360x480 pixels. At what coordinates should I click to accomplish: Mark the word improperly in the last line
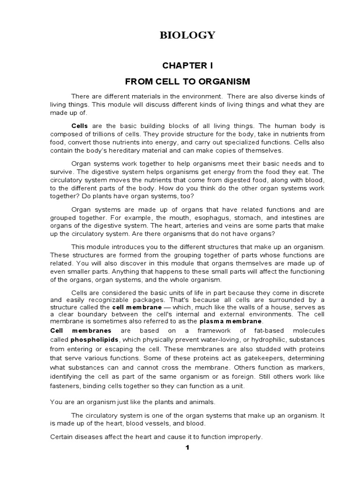pyautogui.click(x=243, y=437)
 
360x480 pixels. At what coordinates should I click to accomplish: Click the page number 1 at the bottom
pyautogui.click(x=187, y=447)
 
